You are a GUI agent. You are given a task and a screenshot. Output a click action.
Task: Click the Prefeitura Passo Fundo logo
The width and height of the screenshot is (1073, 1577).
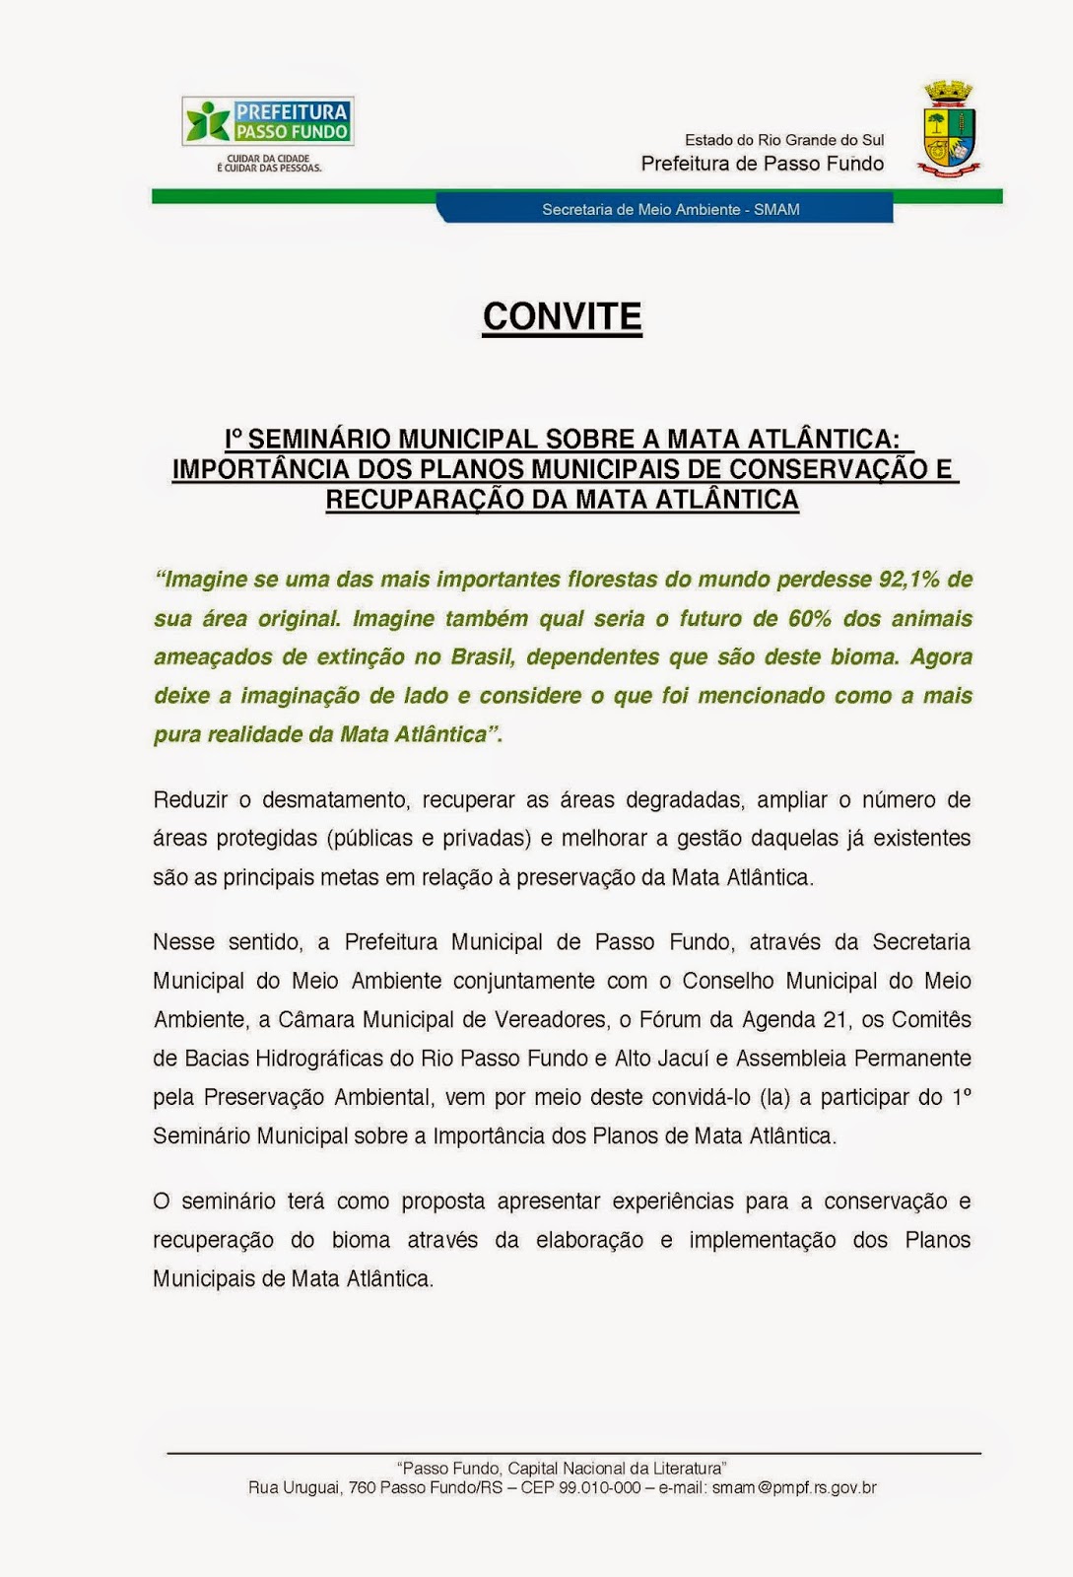tap(268, 121)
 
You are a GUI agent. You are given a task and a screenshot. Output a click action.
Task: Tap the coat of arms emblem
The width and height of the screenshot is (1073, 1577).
tap(949, 129)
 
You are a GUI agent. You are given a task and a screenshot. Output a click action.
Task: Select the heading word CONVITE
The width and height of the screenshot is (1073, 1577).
tap(562, 317)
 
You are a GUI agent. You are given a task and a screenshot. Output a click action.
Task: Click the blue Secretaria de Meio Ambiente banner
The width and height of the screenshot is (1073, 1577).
tap(670, 209)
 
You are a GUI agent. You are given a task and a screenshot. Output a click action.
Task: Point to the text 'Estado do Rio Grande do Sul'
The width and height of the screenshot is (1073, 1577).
tap(784, 140)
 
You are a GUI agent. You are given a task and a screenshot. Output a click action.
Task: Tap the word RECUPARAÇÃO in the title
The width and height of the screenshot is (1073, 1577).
tap(424, 500)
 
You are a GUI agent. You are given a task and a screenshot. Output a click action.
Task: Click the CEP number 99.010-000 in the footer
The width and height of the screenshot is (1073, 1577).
tap(599, 1487)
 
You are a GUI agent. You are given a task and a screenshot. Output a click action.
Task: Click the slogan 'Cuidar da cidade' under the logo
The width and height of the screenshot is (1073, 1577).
tap(269, 159)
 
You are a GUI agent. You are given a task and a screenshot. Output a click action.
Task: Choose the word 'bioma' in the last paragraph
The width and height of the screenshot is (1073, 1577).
tap(361, 1240)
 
